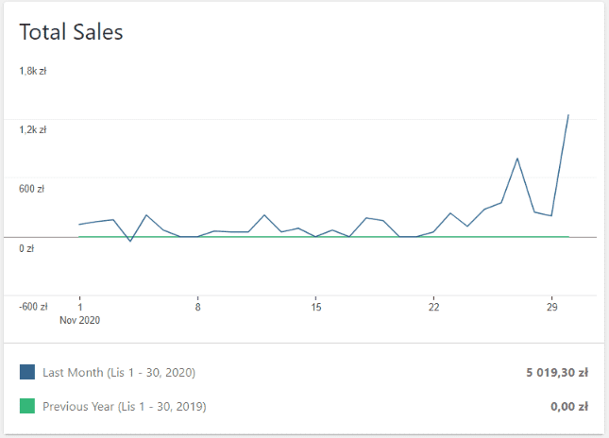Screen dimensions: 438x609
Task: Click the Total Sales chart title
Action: (72, 31)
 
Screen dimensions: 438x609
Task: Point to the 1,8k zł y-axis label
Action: (33, 71)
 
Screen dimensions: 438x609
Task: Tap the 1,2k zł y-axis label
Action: (33, 129)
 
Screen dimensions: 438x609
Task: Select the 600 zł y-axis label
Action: (31, 189)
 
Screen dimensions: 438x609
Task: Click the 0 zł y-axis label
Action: (26, 248)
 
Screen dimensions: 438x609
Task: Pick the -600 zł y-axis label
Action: (33, 307)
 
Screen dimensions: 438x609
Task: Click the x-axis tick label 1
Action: (79, 307)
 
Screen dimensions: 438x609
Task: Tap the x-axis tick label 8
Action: (197, 307)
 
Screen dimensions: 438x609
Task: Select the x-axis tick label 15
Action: (316, 307)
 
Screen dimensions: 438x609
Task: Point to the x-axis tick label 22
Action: (434, 307)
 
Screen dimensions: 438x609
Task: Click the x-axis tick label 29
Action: (552, 307)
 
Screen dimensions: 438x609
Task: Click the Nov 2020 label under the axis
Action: (79, 320)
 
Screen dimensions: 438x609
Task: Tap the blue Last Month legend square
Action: (27, 373)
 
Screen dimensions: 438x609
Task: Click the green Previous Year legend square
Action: (27, 407)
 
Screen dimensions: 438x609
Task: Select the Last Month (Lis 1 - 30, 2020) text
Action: (118, 373)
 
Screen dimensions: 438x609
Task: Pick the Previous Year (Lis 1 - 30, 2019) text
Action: (124, 407)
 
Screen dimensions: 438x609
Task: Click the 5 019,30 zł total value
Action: (557, 373)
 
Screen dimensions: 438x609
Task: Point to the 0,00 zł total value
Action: (568, 407)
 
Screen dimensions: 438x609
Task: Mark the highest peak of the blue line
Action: (568, 115)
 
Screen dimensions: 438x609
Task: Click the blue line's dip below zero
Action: (130, 242)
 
